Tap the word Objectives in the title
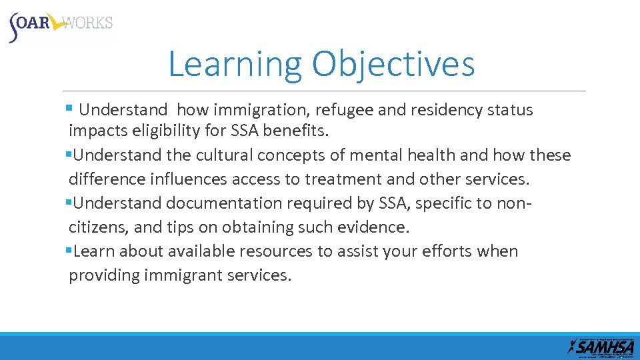tap(393, 65)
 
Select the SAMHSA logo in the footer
tap(601, 346)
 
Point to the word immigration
tap(251, 110)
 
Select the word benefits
tap(296, 131)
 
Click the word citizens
tap(98, 227)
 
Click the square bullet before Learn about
tap(69, 251)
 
